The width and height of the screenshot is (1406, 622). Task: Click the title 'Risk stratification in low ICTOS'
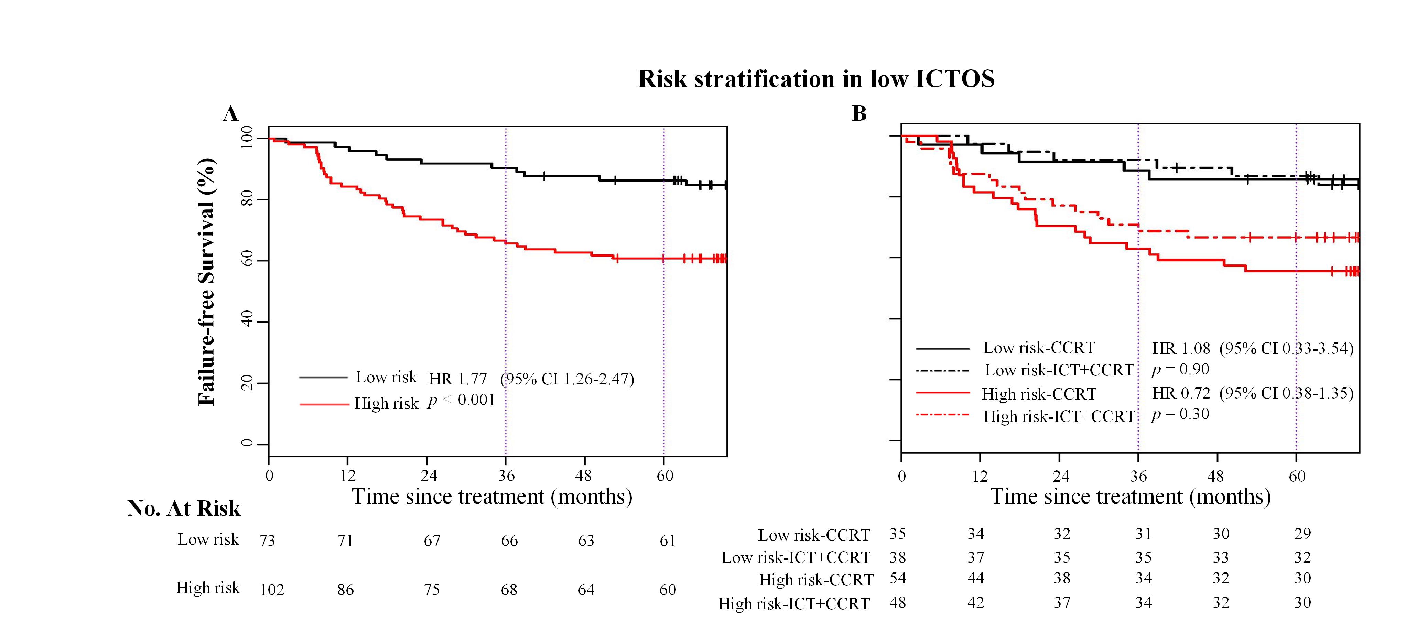tap(816, 79)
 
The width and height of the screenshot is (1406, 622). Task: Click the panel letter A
tap(230, 113)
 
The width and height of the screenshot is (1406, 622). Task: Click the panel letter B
tap(859, 113)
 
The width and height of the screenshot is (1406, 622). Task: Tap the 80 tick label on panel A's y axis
tap(247, 200)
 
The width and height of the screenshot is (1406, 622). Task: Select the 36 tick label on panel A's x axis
tap(506, 476)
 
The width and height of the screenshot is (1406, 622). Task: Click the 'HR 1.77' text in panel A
tap(457, 379)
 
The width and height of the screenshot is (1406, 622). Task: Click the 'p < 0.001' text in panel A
tap(461, 401)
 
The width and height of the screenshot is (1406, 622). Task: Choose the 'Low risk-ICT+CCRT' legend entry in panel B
tap(1059, 370)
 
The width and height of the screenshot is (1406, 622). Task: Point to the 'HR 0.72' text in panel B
tap(1181, 393)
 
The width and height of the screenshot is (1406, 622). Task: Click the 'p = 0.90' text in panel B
tap(1180, 369)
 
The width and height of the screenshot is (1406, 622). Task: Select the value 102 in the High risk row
tap(272, 590)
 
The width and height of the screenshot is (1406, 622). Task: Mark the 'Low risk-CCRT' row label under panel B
tap(814, 535)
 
